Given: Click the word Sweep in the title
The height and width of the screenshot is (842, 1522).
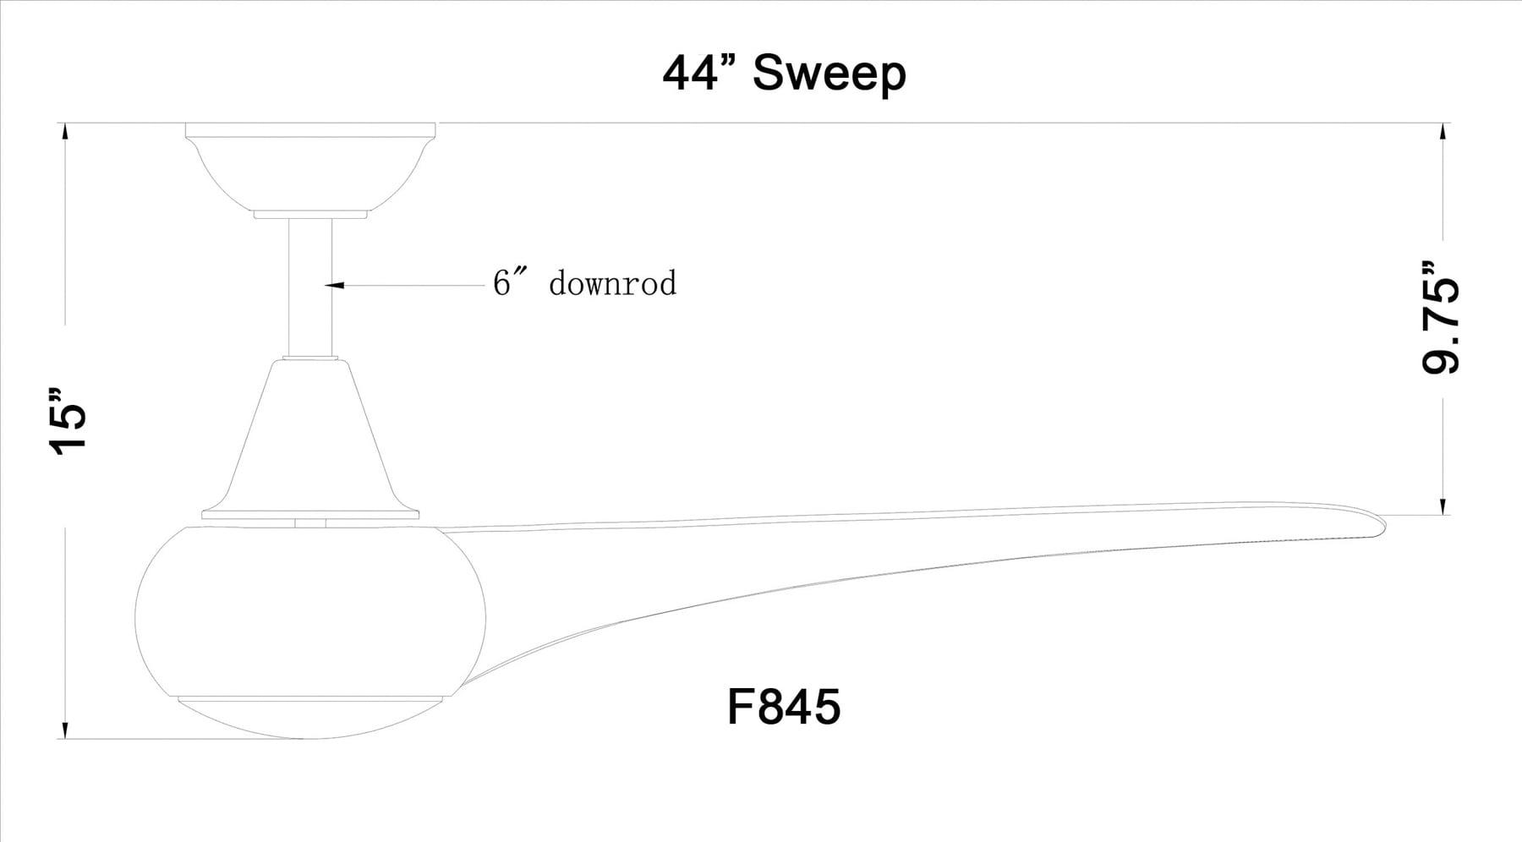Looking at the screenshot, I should pyautogui.click(x=829, y=74).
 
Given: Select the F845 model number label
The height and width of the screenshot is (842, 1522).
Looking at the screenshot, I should pyautogui.click(x=784, y=706).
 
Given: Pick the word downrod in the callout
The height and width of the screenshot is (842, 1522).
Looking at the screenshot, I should pyautogui.click(x=612, y=283).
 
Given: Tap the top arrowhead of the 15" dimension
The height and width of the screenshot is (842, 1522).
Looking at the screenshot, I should pyautogui.click(x=64, y=130).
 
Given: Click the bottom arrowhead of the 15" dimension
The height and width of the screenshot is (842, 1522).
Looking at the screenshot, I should pyautogui.click(x=64, y=731).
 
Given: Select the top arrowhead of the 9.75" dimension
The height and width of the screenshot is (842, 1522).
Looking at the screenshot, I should pyautogui.click(x=1443, y=130).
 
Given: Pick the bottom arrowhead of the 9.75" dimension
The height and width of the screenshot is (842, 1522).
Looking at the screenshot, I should pyautogui.click(x=1443, y=507).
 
